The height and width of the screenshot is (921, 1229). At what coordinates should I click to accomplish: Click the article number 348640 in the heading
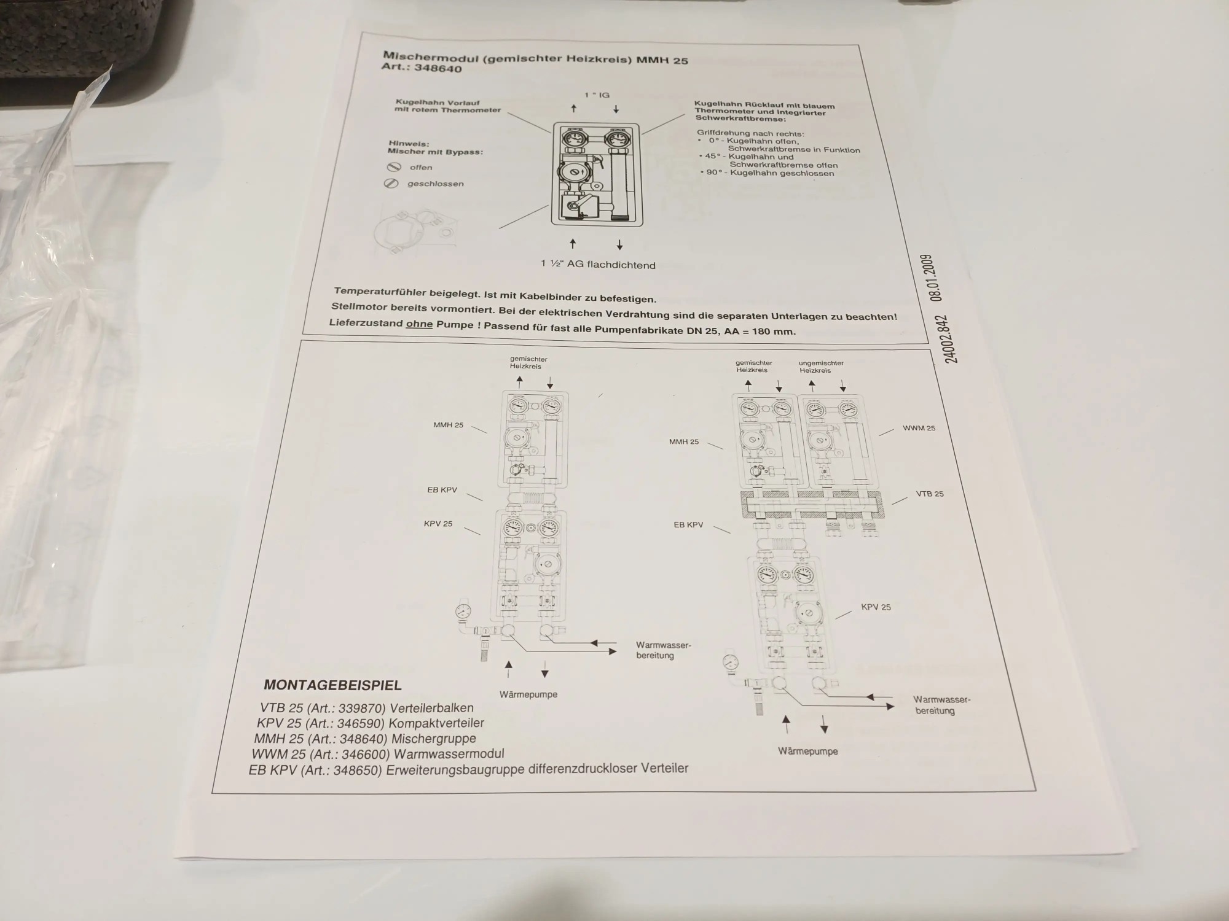(438, 68)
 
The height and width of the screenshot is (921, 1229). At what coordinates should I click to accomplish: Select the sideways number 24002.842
(950, 340)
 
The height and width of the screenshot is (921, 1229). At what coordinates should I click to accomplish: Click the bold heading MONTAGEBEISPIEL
(332, 685)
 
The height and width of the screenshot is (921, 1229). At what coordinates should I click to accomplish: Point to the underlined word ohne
(419, 324)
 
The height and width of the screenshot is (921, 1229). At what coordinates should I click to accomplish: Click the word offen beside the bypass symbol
(421, 167)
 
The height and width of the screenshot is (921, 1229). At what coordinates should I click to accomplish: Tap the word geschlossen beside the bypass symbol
(436, 184)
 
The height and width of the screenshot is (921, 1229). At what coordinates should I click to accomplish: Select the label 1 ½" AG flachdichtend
(598, 264)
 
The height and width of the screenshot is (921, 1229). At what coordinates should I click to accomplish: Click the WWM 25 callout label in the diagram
(919, 428)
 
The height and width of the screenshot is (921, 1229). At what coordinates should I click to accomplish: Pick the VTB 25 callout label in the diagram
(930, 494)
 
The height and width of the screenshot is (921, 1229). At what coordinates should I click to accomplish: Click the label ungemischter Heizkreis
(821, 367)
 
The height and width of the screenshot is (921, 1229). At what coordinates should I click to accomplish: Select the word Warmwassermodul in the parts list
(449, 753)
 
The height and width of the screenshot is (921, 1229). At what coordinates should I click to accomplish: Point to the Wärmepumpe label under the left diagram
(528, 694)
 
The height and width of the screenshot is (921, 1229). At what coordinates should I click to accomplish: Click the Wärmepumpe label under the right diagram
(807, 751)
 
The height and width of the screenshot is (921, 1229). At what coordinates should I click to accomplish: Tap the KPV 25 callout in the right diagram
(876, 607)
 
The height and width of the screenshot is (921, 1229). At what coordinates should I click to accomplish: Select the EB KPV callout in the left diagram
(442, 490)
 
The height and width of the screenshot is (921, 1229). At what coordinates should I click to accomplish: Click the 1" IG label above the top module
(597, 95)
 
